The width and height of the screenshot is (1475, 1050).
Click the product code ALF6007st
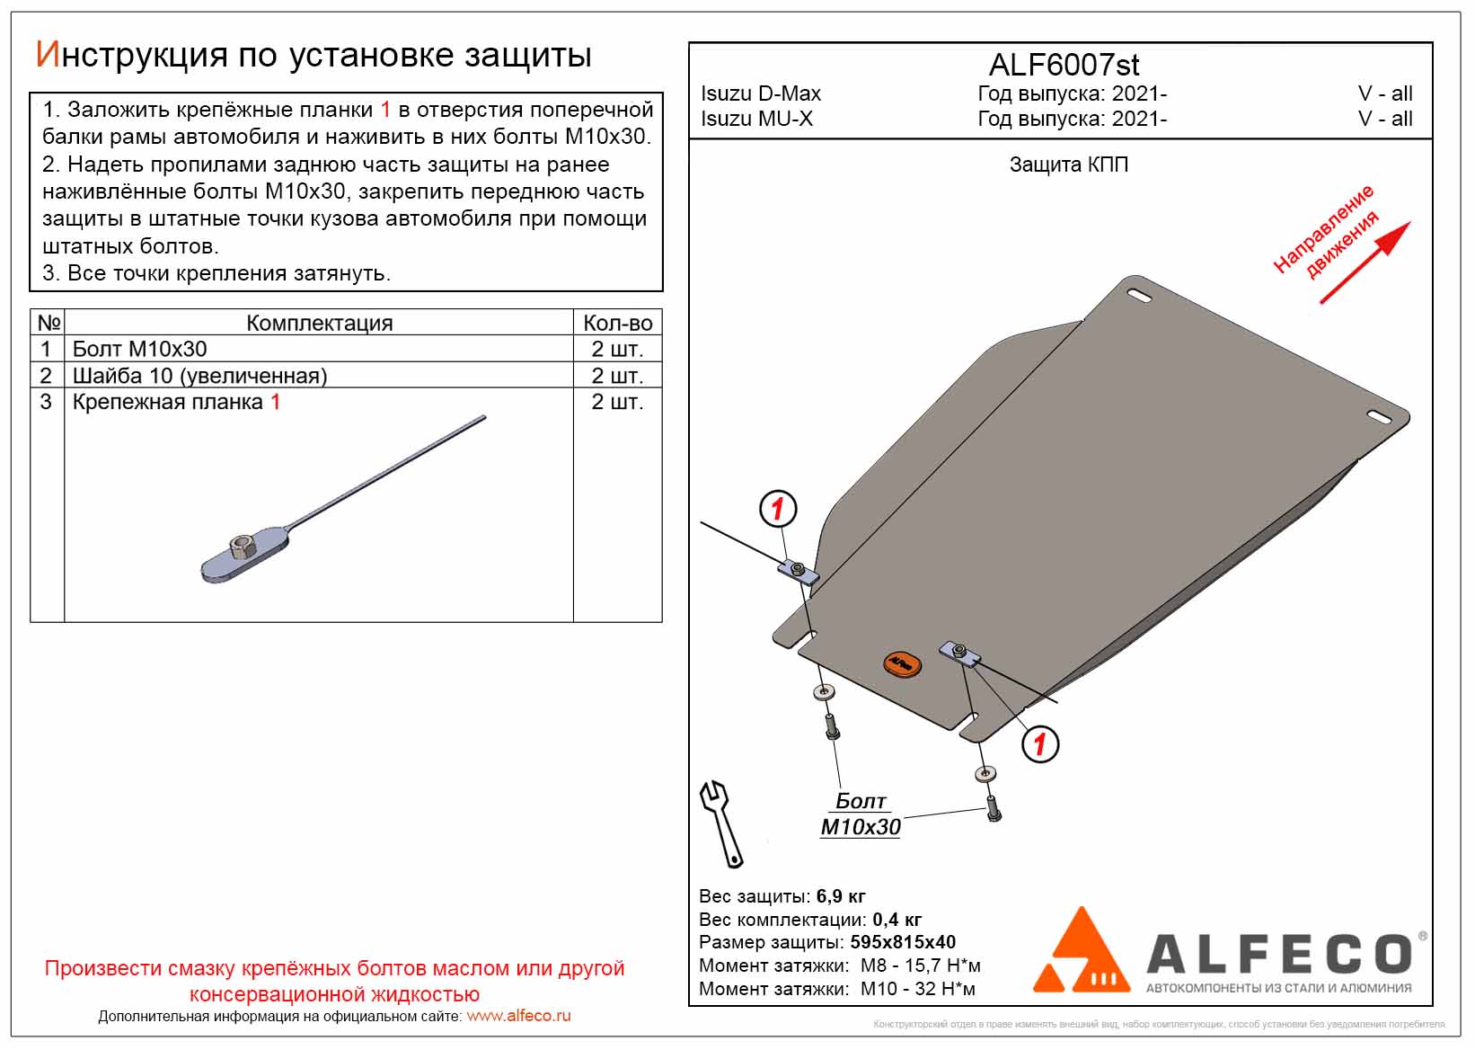(1064, 65)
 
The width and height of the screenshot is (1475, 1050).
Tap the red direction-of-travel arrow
(1365, 262)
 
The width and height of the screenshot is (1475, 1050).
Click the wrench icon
(722, 823)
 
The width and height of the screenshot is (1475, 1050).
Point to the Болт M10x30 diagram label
(861, 814)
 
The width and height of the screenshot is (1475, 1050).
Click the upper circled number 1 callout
(778, 509)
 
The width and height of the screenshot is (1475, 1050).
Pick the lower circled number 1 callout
(1040, 743)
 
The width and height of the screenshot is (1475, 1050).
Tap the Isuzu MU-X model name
(756, 119)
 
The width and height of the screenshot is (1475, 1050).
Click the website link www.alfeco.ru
(518, 1016)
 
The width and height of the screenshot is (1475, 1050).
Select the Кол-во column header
(617, 323)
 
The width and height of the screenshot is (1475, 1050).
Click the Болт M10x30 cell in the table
(139, 349)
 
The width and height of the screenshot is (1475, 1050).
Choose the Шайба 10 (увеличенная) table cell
(199, 376)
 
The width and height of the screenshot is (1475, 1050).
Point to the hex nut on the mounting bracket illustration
(242, 545)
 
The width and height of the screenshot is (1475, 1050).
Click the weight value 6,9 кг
(841, 896)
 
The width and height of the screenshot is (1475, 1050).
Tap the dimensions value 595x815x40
(902, 942)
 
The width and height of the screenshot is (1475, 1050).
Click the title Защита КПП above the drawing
(1068, 165)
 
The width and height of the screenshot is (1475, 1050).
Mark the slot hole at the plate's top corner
(1139, 297)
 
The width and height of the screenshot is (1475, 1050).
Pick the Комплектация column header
(319, 323)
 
